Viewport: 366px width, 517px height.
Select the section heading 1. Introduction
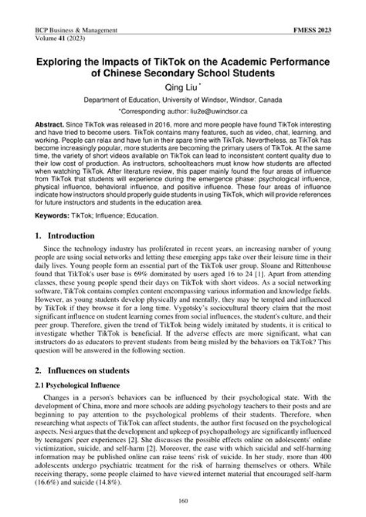pyautogui.click(x=64, y=236)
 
